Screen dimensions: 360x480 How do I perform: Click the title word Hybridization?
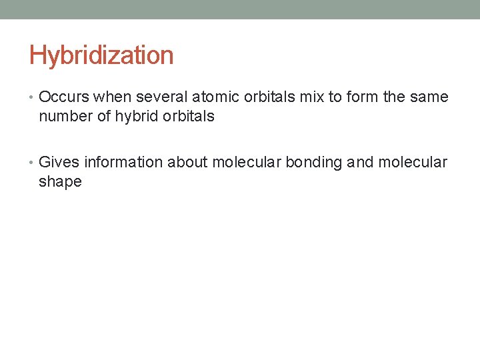point(101,55)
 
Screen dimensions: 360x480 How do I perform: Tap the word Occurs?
point(65,97)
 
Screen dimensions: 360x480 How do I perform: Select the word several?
point(159,97)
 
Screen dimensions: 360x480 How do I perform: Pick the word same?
point(429,97)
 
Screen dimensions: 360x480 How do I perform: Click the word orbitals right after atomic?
point(269,97)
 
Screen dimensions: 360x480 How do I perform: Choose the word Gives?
point(59,162)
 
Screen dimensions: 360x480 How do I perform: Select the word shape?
point(60,181)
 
